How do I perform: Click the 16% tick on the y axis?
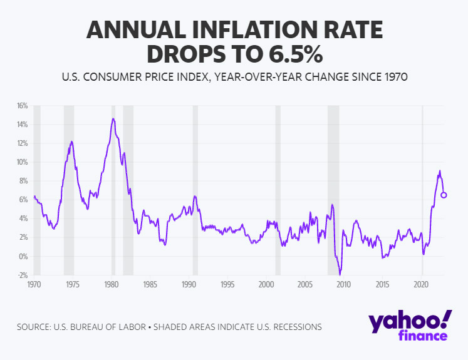[x=23, y=106]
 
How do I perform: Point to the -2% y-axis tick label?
[x=23, y=275]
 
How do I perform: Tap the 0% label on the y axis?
[x=24, y=256]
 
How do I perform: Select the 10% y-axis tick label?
[x=23, y=162]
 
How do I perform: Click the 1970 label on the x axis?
[x=34, y=285]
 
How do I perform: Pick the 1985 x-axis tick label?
[x=150, y=285]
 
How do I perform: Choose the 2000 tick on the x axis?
[x=266, y=285]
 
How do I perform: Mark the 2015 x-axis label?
[x=383, y=285]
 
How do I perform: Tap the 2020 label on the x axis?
[x=422, y=285]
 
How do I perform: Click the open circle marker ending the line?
[x=444, y=195]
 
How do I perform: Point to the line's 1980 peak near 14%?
[x=113, y=118]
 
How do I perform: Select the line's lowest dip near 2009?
[x=340, y=274]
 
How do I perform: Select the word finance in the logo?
[x=423, y=336]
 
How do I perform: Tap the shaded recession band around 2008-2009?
[x=333, y=188]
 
